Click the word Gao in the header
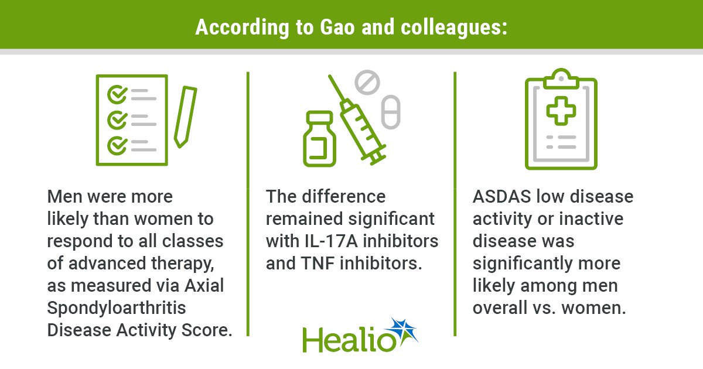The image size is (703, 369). pyautogui.click(x=337, y=28)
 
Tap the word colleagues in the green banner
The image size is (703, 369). pyautogui.click(x=453, y=28)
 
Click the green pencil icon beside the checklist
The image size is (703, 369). pyautogui.click(x=186, y=117)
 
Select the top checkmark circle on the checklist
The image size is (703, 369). pyautogui.click(x=117, y=94)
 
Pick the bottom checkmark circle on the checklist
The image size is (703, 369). pyautogui.click(x=117, y=146)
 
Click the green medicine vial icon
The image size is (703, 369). pyautogui.click(x=319, y=139)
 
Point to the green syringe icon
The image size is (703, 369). pyautogui.click(x=357, y=120)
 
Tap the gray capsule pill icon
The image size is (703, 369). pyautogui.click(x=391, y=112)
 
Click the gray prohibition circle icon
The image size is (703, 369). pyautogui.click(x=367, y=82)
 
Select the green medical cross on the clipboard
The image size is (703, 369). pyautogui.click(x=561, y=111)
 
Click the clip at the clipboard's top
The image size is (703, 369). pyautogui.click(x=561, y=78)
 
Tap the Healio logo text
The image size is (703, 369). pyautogui.click(x=349, y=340)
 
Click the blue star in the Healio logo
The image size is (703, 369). pyautogui.click(x=404, y=331)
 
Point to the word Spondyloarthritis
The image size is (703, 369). pyautogui.click(x=117, y=308)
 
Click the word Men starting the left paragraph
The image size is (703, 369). pyautogui.click(x=64, y=197)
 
